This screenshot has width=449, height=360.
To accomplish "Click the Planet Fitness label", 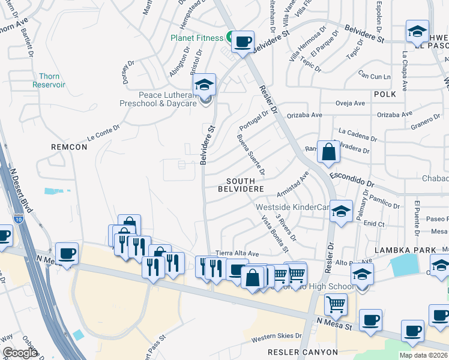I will coord(197,37).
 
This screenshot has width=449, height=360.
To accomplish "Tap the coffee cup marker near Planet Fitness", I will coord(243,42).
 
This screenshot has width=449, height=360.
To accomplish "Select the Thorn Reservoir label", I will coord(52,80).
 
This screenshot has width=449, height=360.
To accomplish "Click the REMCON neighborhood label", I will coord(69,146).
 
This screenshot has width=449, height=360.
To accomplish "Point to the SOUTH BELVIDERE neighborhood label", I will coord(245,185).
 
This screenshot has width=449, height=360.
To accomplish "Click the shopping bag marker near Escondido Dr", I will coord(328,152).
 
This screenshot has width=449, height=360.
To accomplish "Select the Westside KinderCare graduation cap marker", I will coord(341,211).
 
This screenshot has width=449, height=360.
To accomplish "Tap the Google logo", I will coord(20,353).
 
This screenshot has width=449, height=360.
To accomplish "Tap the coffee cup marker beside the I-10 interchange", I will coord(67,254).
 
